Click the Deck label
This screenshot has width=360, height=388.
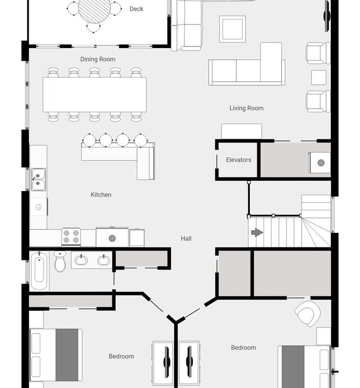pyautogui.click(x=136, y=9)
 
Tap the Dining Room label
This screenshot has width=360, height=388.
pyautogui.click(x=98, y=59)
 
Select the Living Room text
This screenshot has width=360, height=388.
pyautogui.click(x=247, y=108)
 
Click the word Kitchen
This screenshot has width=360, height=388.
pyautogui.click(x=101, y=195)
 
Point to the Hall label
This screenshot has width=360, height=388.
pyautogui.click(x=186, y=238)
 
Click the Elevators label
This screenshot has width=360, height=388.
pyautogui.click(x=238, y=160)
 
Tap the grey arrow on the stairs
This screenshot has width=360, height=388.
pyautogui.click(x=257, y=232)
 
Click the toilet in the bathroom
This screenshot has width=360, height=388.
pyautogui.click(x=60, y=261)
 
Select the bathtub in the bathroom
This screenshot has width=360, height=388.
pyautogui.click(x=39, y=271)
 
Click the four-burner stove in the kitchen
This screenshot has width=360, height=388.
pyautogui.click(x=71, y=236)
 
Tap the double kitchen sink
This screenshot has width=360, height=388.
pyautogui.click(x=38, y=180)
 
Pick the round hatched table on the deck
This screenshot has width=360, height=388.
pyautogui.click(x=94, y=9)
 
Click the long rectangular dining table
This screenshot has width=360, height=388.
pyautogui.click(x=94, y=95)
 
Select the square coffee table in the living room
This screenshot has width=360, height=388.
pyautogui.click(x=232, y=29)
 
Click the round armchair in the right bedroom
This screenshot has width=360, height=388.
pyautogui.click(x=307, y=313)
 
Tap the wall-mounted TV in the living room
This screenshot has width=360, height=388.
pyautogui.click(x=327, y=16)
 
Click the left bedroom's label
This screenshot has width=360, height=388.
pyautogui.click(x=122, y=356)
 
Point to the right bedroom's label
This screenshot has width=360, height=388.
pyautogui.click(x=244, y=348)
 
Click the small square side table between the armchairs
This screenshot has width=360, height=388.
pyautogui.click(x=319, y=78)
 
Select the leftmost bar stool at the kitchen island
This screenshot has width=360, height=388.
pyautogui.click(x=89, y=140)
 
